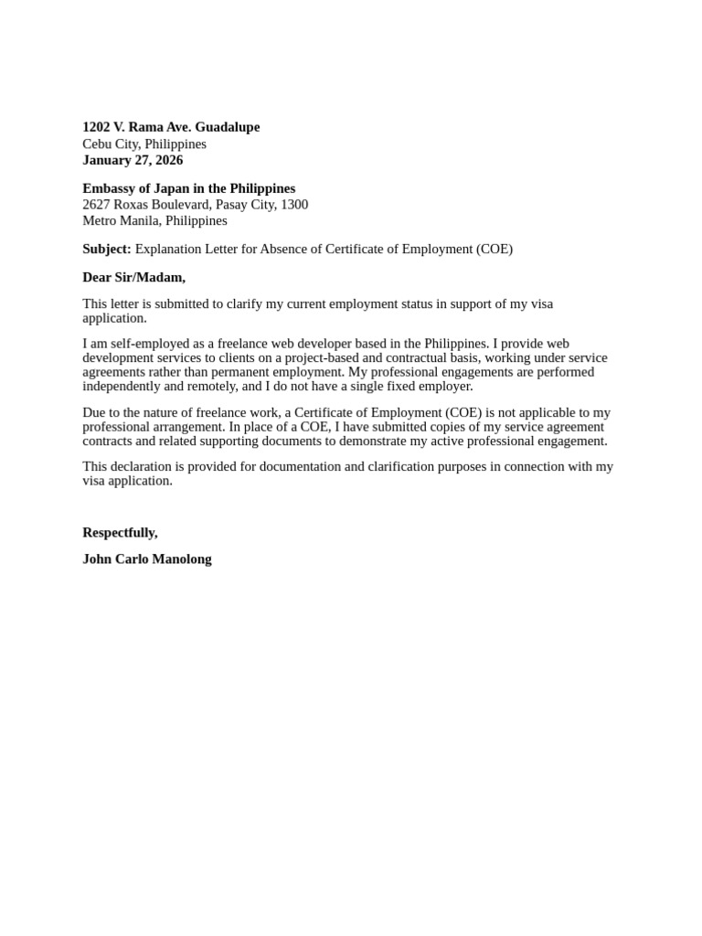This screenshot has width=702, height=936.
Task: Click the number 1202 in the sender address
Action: pos(96,127)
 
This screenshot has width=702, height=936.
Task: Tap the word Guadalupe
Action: pos(228,127)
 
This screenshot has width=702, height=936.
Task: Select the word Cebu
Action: pos(97,144)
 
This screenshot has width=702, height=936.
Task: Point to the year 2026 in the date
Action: pos(167,160)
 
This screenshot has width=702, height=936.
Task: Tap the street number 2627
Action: pos(96,205)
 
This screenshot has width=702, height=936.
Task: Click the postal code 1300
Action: pos(294,205)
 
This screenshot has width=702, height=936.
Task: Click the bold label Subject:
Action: pos(107,249)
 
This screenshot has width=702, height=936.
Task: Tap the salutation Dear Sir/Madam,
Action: pos(133,277)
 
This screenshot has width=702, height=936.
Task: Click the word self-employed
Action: pos(135,344)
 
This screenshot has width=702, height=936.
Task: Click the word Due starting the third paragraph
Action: pos(94,413)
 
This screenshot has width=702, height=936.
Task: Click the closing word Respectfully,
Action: pos(120,533)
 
